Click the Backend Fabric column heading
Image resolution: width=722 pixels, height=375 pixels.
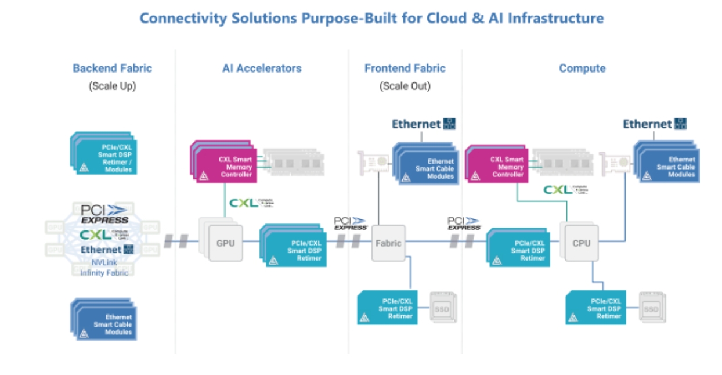(112, 68)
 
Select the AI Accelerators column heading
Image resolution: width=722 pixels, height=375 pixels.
(262, 68)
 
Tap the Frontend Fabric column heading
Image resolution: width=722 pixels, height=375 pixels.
(405, 68)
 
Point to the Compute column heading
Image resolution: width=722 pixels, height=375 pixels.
(582, 68)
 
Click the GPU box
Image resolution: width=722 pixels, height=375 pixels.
(226, 243)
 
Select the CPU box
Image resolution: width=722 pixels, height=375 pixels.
(582, 243)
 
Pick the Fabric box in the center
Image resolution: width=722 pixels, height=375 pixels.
(388, 243)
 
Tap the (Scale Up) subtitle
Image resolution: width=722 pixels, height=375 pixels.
(112, 86)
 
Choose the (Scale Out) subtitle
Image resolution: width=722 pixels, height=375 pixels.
(405, 86)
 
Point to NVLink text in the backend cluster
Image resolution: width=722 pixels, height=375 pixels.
(104, 262)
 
